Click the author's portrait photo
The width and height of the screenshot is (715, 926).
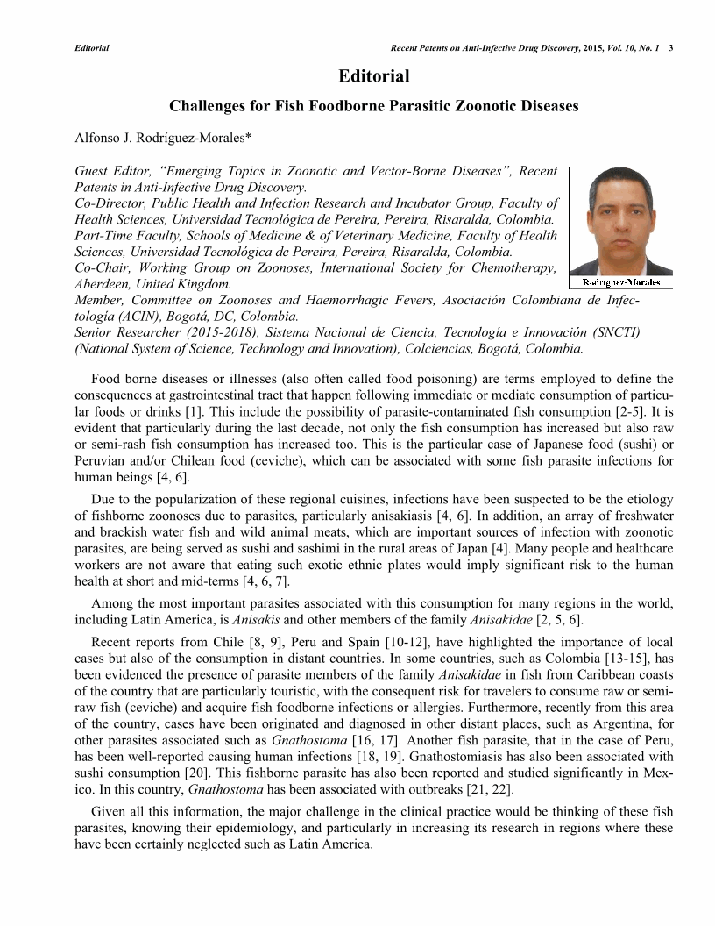point(620,221)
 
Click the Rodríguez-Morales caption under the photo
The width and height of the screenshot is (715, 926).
point(620,282)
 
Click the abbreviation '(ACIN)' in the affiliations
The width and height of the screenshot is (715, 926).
point(131,317)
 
